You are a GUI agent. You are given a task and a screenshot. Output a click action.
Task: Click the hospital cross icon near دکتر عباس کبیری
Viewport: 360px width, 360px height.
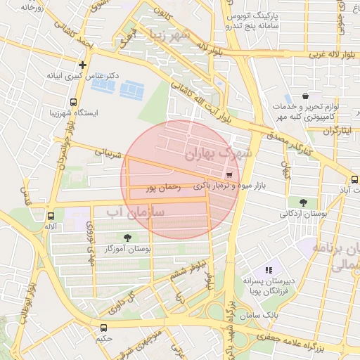coord(83,65)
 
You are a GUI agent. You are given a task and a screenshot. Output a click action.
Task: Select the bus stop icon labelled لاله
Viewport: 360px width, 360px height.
coord(51,216)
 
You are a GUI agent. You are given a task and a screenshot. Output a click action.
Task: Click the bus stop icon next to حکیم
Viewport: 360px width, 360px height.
coord(104,328)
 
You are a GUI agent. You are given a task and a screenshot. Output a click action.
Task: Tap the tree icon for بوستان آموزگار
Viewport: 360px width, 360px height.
coord(127,238)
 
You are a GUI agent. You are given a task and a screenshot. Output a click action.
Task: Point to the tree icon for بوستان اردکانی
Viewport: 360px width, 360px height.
coord(303,202)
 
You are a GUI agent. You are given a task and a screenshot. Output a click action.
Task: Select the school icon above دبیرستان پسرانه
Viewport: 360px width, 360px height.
coord(268,270)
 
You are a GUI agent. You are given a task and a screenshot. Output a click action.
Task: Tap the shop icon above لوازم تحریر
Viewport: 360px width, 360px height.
coord(304,96)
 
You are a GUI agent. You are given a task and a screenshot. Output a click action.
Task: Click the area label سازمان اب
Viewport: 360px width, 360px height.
coord(135,210)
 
